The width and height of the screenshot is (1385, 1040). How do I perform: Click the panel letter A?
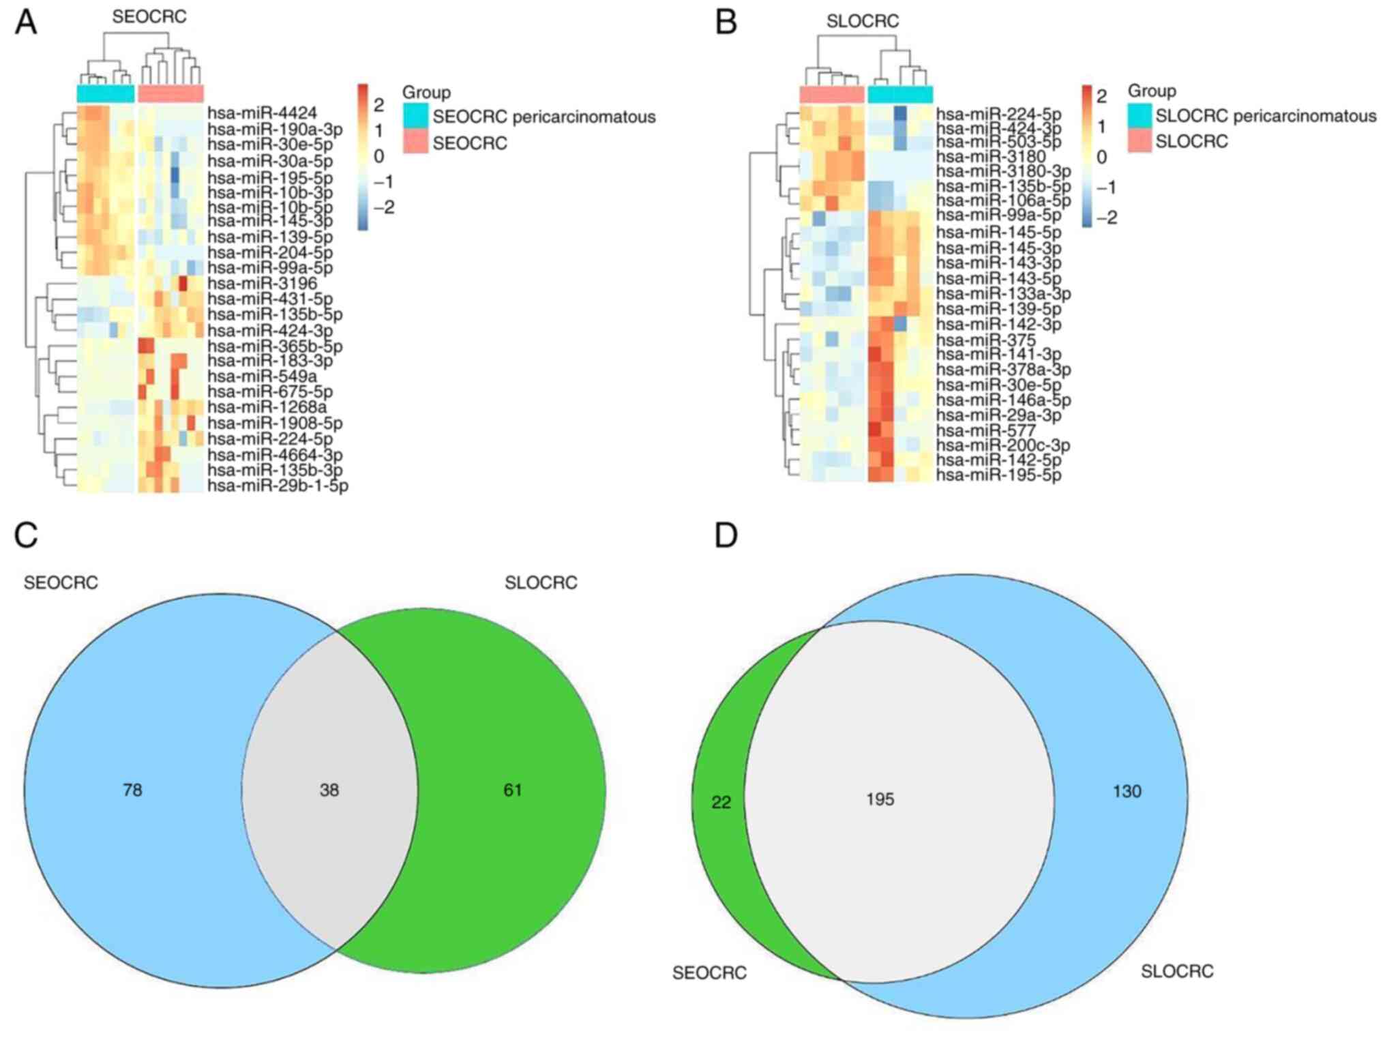pos(26,22)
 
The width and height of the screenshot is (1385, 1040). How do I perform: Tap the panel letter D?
pos(726,535)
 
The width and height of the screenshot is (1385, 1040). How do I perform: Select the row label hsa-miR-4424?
pos(263,113)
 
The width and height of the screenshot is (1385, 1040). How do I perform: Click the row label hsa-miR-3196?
pos(263,284)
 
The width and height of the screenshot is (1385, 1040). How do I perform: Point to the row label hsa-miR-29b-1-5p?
pos(278,486)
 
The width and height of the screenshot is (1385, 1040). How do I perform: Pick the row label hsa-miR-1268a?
pos(267,407)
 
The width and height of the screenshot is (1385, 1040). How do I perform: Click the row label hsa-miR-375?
pos(985,340)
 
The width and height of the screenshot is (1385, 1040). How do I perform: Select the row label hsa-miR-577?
pos(985,430)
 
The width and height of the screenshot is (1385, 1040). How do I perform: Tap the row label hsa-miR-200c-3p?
pos(1002,445)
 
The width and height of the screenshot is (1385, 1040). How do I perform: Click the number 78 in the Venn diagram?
pos(132,790)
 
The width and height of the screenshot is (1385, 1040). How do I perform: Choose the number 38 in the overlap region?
pos(329,790)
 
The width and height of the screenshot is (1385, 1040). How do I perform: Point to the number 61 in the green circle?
pos(513,790)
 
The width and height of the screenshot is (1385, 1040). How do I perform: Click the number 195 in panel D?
pos(880,799)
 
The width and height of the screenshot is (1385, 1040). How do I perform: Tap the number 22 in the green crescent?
pos(721,802)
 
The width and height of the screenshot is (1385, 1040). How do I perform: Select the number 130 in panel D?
pos(1127,791)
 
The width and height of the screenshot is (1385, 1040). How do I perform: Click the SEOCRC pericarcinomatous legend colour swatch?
pos(415,116)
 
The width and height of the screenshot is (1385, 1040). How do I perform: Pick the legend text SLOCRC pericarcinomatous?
pos(1266,116)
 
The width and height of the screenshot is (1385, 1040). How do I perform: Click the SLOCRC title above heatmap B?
pos(863,21)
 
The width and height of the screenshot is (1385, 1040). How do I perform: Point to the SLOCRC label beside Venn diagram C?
pos(541,582)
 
